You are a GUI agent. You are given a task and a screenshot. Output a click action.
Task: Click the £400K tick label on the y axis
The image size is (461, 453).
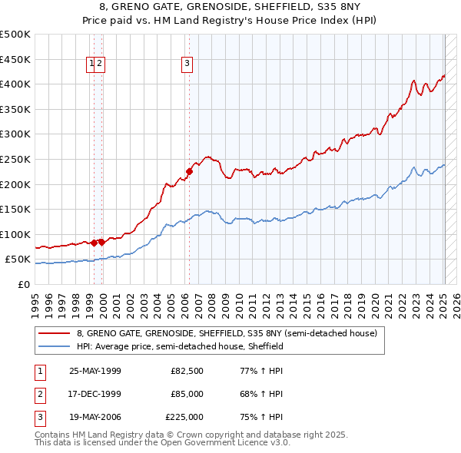click(x=15, y=84)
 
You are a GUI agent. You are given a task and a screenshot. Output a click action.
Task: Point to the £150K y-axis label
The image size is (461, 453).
click(x=15, y=209)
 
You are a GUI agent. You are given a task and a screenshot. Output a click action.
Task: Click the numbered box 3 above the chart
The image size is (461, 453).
click(x=187, y=64)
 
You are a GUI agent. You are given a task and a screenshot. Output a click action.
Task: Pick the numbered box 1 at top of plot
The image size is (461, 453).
click(x=91, y=64)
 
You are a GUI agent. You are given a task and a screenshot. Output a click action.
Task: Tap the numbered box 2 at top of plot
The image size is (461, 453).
click(x=101, y=64)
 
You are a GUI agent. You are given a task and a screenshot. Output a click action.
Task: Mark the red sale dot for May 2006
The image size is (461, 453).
click(x=190, y=171)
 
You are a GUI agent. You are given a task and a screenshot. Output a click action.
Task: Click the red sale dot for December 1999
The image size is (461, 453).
click(x=101, y=242)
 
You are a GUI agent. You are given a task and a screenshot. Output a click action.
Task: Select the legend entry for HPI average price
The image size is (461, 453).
click(x=180, y=346)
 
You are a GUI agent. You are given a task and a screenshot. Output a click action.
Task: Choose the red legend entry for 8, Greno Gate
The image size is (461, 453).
click(x=227, y=333)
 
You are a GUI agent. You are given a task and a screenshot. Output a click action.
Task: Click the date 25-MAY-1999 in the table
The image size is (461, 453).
click(x=95, y=371)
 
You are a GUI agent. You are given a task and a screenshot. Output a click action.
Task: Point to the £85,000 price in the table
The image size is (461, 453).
click(x=187, y=394)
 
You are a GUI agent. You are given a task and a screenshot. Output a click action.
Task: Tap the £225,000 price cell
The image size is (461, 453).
click(x=185, y=417)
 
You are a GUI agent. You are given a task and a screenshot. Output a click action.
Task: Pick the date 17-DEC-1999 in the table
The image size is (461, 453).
click(x=95, y=394)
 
